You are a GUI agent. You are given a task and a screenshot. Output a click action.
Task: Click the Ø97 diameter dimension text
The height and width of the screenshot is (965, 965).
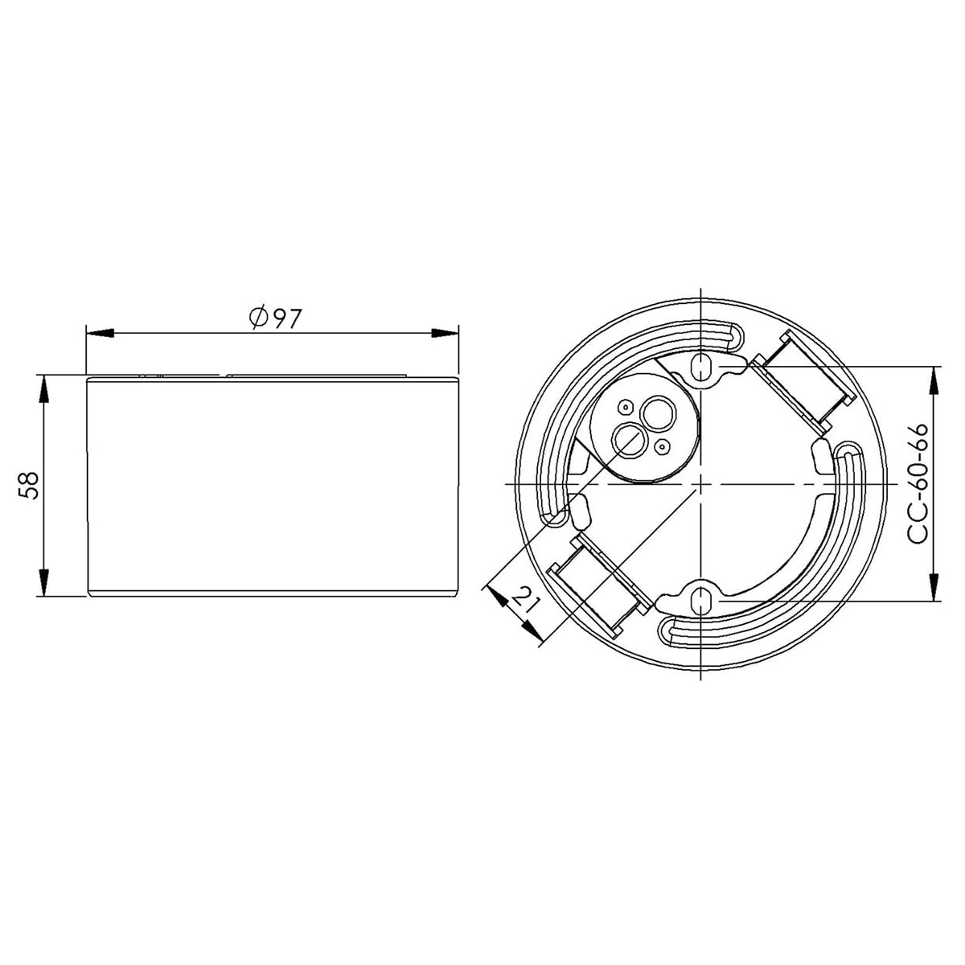pos(274,318)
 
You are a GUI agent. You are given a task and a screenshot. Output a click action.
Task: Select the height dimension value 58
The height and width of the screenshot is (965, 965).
pos(29,485)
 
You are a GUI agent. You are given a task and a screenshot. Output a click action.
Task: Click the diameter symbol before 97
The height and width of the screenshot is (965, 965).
pos(257,318)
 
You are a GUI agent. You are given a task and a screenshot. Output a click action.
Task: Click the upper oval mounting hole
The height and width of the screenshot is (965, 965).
pos(703,368)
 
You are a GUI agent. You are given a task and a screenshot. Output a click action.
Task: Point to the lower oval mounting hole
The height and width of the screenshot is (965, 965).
pos(703,600)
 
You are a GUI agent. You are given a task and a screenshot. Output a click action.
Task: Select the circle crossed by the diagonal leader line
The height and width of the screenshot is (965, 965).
pos(629,439)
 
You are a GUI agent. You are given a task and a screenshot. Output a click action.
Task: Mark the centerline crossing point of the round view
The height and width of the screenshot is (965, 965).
pos(703,484)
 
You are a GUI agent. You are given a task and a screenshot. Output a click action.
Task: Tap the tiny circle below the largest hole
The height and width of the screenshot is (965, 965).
pos(663,445)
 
